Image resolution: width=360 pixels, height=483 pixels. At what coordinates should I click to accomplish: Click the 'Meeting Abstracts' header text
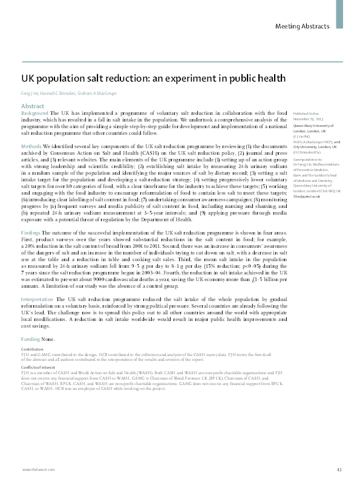coord(302,26)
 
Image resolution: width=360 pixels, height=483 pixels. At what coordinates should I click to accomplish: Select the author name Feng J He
coord(30,94)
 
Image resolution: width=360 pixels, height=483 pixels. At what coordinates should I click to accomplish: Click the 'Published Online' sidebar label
coord(306,114)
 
